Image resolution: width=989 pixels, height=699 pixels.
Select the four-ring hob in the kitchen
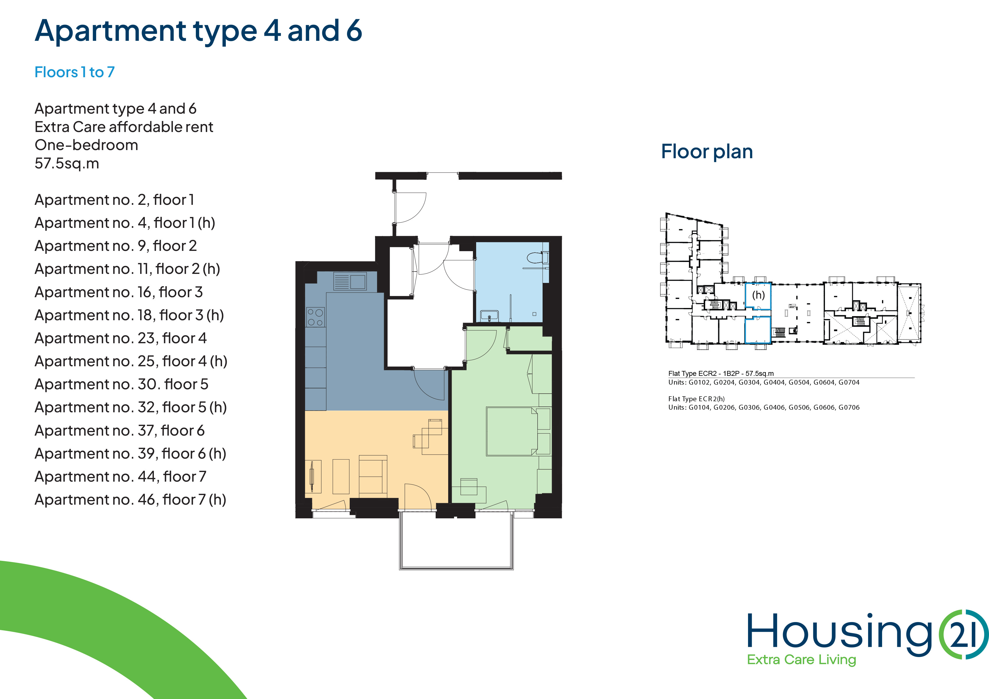tap(315, 317)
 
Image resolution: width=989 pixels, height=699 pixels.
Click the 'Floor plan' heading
tap(707, 152)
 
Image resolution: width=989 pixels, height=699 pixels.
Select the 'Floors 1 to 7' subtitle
tap(75, 72)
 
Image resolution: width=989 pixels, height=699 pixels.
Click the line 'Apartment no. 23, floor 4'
tap(121, 338)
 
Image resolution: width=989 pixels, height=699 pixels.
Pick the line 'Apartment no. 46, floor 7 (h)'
tap(131, 500)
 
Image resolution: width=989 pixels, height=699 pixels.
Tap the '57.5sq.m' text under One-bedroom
tap(67, 164)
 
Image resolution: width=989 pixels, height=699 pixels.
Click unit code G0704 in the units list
tap(849, 383)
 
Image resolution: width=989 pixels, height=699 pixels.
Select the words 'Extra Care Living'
tap(801, 660)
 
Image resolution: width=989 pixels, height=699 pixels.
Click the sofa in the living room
tap(373, 474)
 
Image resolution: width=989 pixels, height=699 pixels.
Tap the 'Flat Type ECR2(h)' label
tap(696, 399)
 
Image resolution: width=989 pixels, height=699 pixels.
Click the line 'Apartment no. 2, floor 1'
tap(115, 200)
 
